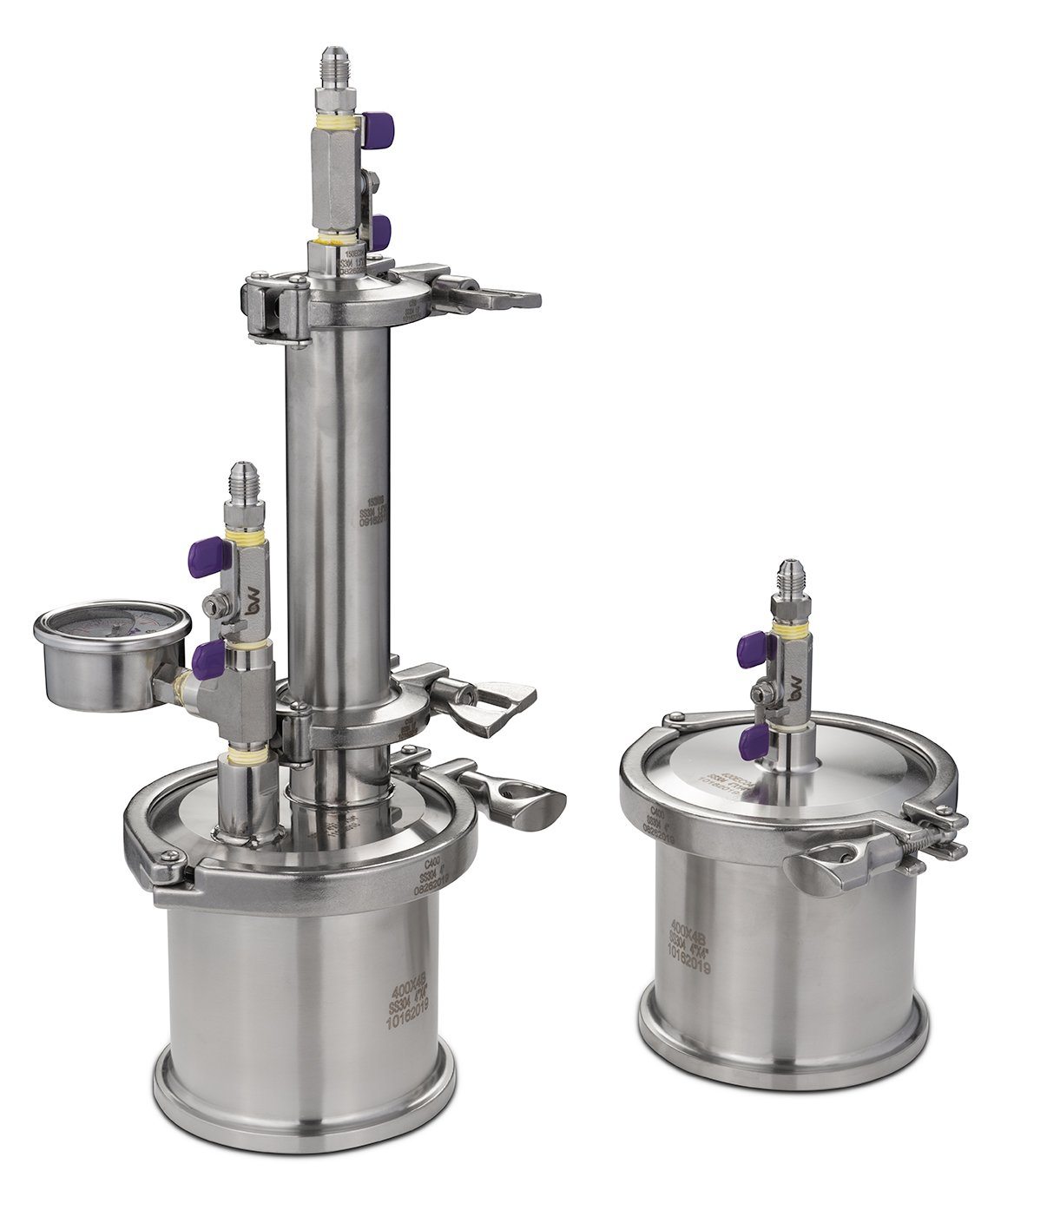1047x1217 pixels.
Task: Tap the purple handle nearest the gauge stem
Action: click(207, 661)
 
